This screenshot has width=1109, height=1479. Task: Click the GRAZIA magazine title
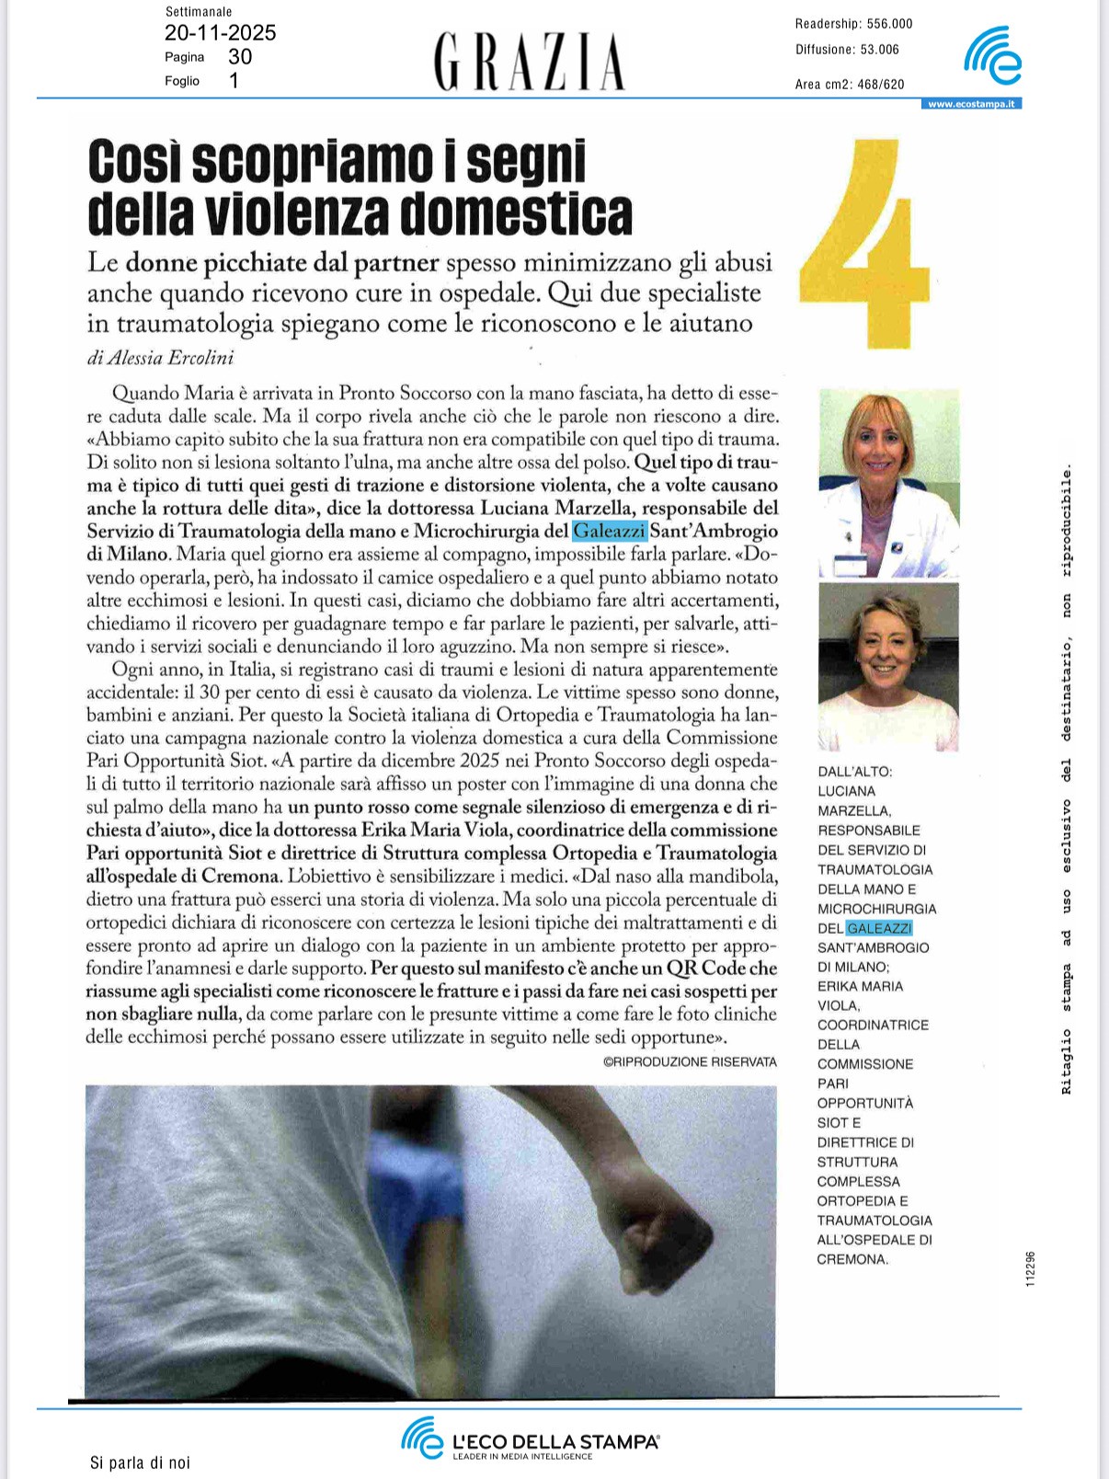[529, 61]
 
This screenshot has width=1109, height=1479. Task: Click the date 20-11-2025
[221, 34]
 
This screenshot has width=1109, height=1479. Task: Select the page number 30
[240, 57]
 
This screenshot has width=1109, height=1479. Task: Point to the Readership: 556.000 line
[853, 24]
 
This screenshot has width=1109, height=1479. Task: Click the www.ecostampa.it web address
[971, 104]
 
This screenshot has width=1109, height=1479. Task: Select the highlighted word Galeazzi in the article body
[610, 531]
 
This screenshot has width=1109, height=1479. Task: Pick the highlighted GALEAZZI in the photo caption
[878, 928]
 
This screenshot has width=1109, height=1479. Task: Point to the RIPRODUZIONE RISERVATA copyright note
[690, 1061]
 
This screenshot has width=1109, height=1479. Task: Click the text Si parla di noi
[140, 1462]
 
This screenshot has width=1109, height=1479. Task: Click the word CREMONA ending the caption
[852, 1259]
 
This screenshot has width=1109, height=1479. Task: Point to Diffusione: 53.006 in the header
[847, 50]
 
